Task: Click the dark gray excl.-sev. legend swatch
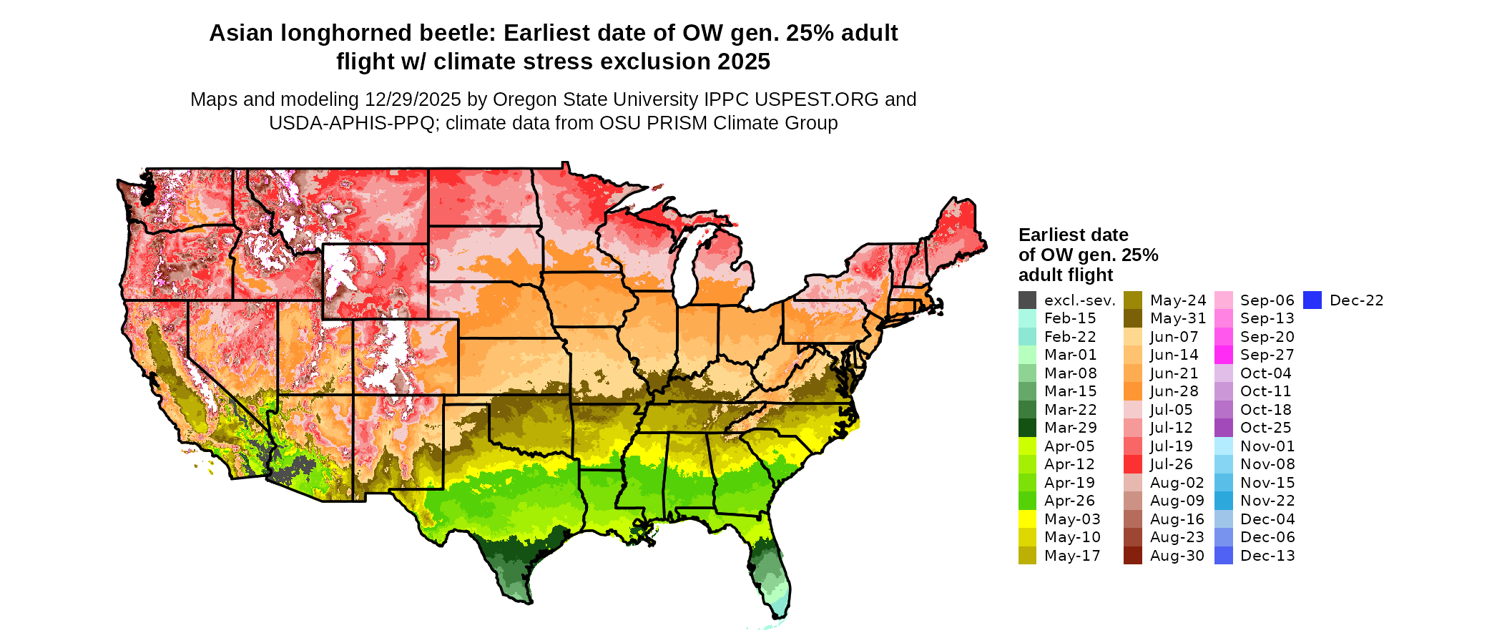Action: tap(1027, 300)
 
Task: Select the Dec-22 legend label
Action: tap(1356, 300)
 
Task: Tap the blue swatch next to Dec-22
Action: tap(1312, 300)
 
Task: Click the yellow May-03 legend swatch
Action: tap(1027, 519)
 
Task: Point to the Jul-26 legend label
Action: tap(1171, 464)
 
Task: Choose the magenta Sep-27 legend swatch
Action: tap(1223, 355)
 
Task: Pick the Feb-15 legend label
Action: tap(1069, 318)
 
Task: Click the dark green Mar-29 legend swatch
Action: tap(1027, 428)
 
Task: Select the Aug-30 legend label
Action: tap(1177, 556)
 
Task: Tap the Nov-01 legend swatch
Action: tap(1223, 446)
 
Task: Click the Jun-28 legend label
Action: tap(1174, 391)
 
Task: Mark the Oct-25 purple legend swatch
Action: tap(1223, 428)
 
